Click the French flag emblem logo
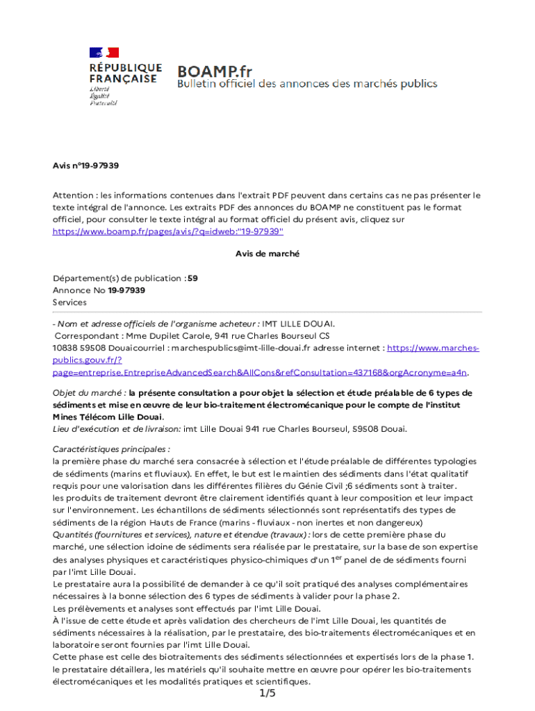pos(104,52)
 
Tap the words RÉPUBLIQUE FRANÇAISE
pos(125,74)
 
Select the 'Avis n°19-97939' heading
pos(86,166)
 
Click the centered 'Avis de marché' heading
pos(267,254)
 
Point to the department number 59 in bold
pos(192,278)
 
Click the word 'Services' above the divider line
pos(69,303)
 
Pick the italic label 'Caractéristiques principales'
pos(111,450)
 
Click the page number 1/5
pos(267,694)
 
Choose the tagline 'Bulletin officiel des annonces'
pos(307,84)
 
